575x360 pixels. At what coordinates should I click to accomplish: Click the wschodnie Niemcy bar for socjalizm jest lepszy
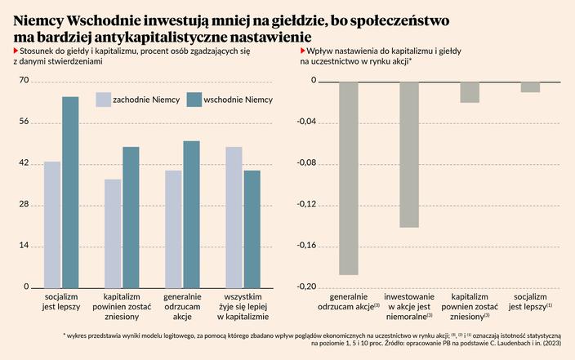pos(70,193)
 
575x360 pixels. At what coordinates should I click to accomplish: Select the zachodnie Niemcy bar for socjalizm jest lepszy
pos(52,224)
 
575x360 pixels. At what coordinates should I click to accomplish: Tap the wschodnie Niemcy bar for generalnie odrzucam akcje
pos(191,215)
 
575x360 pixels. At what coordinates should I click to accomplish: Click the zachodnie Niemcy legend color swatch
pos(104,100)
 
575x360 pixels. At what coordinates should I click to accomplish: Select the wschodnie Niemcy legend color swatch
pos(194,100)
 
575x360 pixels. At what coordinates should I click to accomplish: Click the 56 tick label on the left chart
pos(24,122)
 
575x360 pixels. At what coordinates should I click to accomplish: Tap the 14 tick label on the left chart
pos(24,246)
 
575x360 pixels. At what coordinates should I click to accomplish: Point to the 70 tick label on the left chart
pos(24,81)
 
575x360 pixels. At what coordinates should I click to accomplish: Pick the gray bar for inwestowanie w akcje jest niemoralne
pos(409,154)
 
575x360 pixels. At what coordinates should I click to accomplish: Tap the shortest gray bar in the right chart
pos(530,87)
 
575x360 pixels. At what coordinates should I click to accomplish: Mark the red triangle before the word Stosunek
pos(16,51)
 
